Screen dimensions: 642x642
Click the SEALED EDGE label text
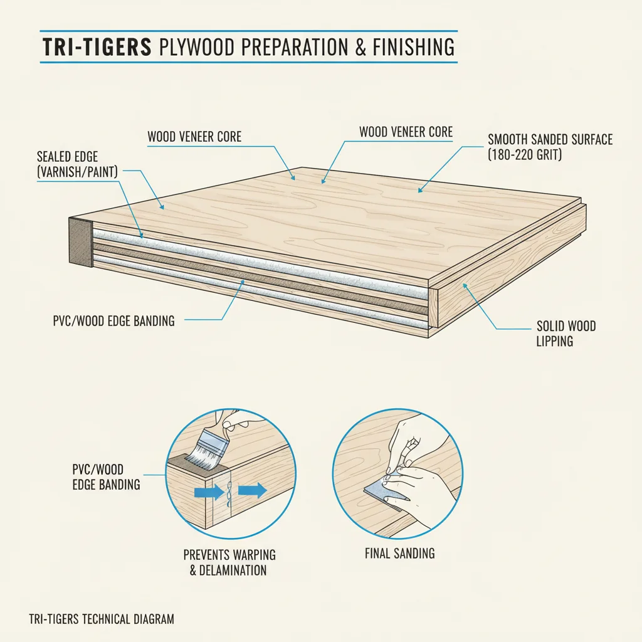coord(67,157)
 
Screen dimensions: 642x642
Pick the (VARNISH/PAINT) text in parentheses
coord(78,171)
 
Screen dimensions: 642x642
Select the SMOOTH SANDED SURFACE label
coord(550,139)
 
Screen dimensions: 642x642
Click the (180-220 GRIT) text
coord(524,154)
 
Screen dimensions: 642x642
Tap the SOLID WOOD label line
coord(566,326)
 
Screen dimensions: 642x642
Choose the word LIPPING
coord(554,342)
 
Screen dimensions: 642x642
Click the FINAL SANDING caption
coord(399,554)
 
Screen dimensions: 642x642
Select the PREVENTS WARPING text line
coord(229,555)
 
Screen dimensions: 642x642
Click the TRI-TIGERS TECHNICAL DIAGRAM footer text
coord(102,619)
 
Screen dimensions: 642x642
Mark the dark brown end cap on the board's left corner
coord(80,242)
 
